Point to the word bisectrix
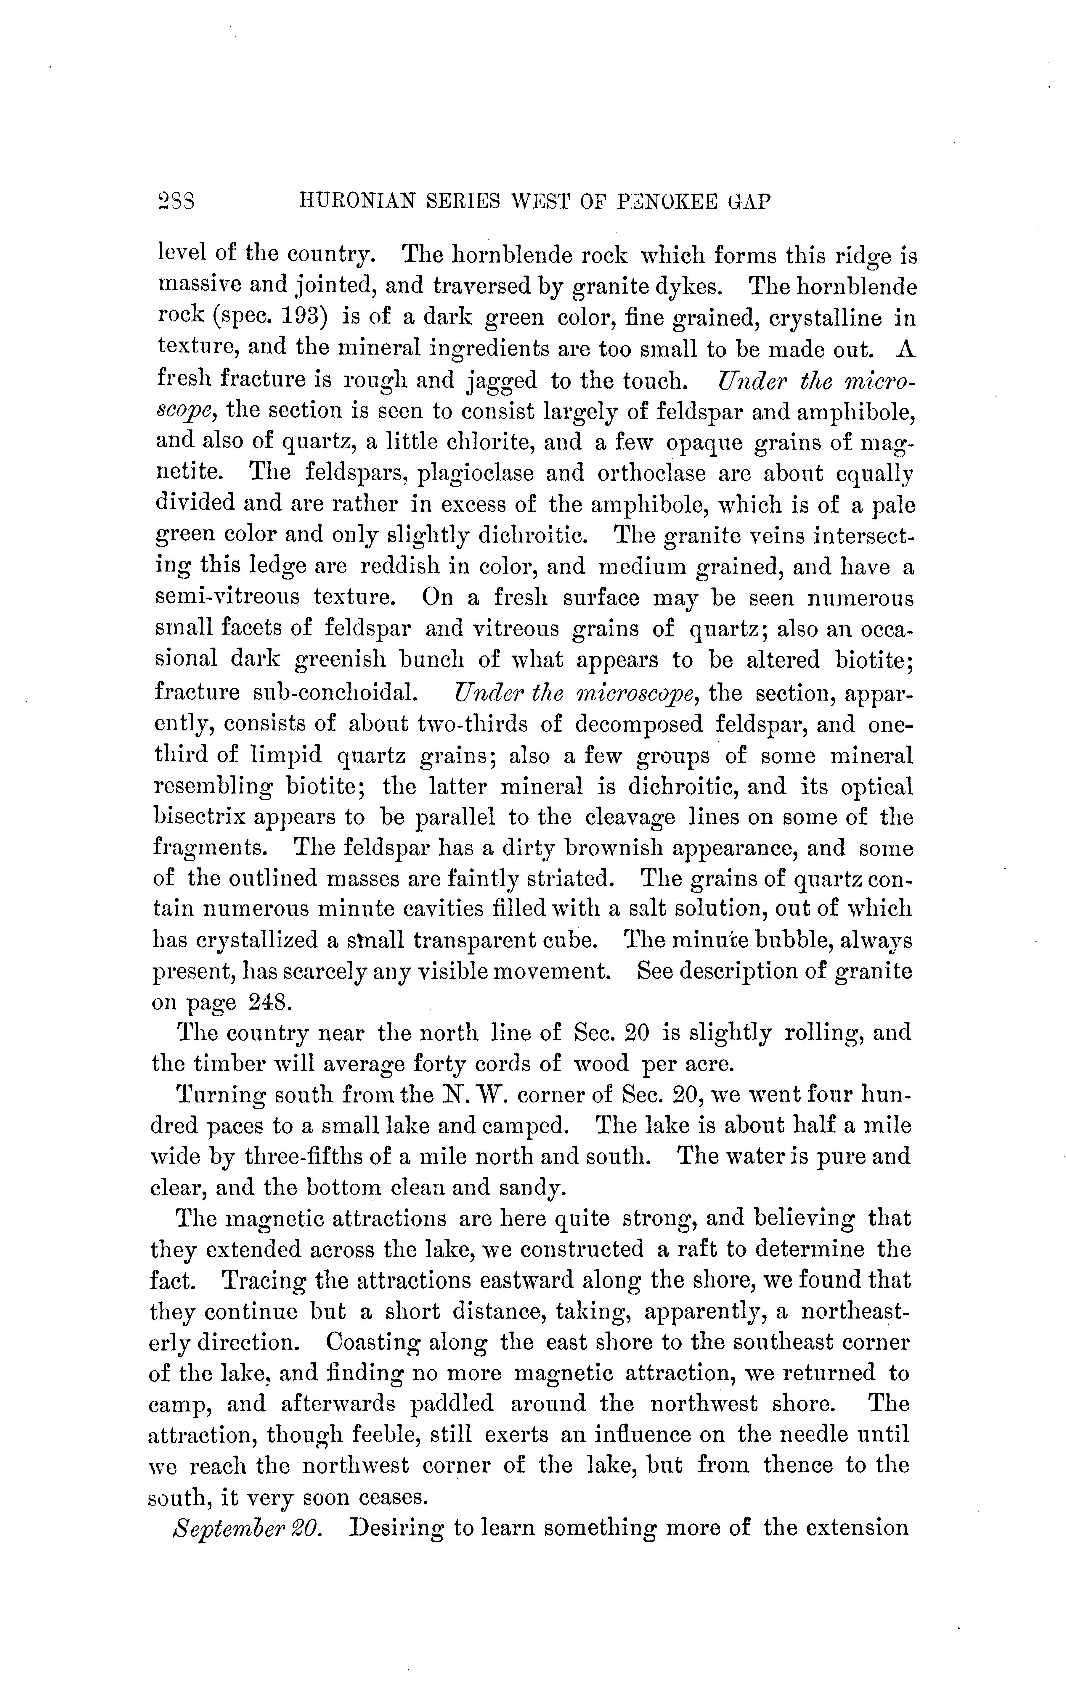click(x=198, y=817)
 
